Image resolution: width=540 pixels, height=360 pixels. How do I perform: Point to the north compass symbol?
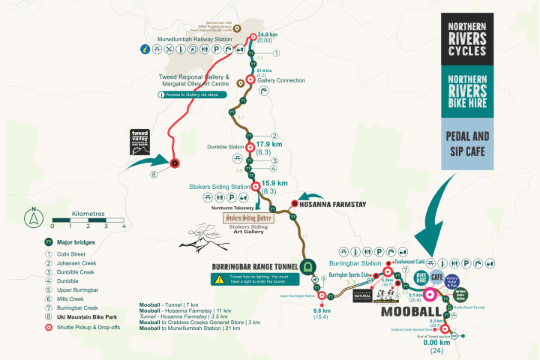pos(34,219)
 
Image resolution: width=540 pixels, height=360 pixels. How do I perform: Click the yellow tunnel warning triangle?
pos(216,279)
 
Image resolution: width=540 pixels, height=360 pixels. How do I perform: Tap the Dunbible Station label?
pos(226,147)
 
